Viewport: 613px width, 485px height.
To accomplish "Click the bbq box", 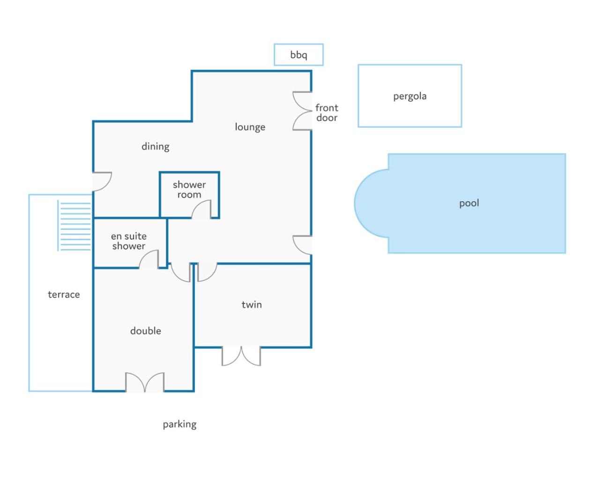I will point(299,54).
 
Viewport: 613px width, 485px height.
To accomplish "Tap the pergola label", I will point(410,96).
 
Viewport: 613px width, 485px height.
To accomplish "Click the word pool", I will point(469,203).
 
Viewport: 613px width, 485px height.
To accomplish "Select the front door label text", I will point(327,113).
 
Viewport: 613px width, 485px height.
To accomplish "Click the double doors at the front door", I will point(302,111).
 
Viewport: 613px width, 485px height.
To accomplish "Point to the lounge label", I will point(250,127).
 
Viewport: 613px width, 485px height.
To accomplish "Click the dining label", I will point(155,146).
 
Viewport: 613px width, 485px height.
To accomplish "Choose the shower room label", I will point(189,189).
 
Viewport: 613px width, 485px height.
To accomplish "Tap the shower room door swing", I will point(202,210).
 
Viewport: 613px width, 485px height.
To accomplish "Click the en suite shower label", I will point(129,241).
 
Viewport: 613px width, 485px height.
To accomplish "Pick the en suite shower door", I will point(150,259).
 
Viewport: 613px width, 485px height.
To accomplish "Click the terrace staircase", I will point(75,226).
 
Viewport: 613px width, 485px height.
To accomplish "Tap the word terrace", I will point(64,295).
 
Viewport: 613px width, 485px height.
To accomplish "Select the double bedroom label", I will point(145,331).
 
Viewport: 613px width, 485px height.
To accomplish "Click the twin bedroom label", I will point(252,305).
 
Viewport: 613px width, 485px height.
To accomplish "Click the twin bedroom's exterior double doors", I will point(241,356).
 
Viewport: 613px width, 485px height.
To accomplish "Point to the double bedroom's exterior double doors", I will point(145,382).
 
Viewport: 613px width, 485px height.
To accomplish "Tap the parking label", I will point(179,424).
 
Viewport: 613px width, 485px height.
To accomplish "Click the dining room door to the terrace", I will point(102,181).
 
